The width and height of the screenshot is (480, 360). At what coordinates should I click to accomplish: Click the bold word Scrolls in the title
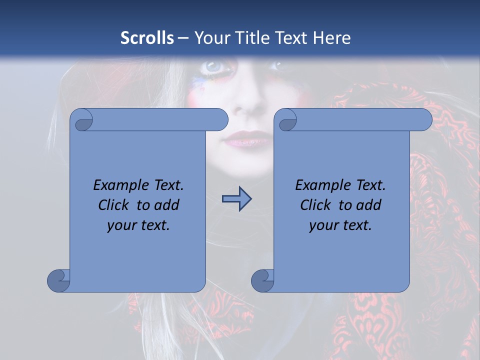pyautogui.click(x=147, y=38)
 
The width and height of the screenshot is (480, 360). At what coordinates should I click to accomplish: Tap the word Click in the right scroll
pyautogui.click(x=315, y=205)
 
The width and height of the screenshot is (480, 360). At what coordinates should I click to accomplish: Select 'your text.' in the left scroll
pyautogui.click(x=138, y=225)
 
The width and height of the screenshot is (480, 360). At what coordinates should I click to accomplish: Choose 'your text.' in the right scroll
pyautogui.click(x=340, y=225)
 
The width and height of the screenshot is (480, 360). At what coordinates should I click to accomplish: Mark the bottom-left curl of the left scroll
pyautogui.click(x=58, y=280)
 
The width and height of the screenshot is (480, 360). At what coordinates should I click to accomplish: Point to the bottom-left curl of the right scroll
pyautogui.click(x=262, y=280)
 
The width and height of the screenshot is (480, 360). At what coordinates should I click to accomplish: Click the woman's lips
pyautogui.click(x=248, y=139)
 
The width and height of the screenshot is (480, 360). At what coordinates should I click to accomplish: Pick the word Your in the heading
pyautogui.click(x=211, y=38)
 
